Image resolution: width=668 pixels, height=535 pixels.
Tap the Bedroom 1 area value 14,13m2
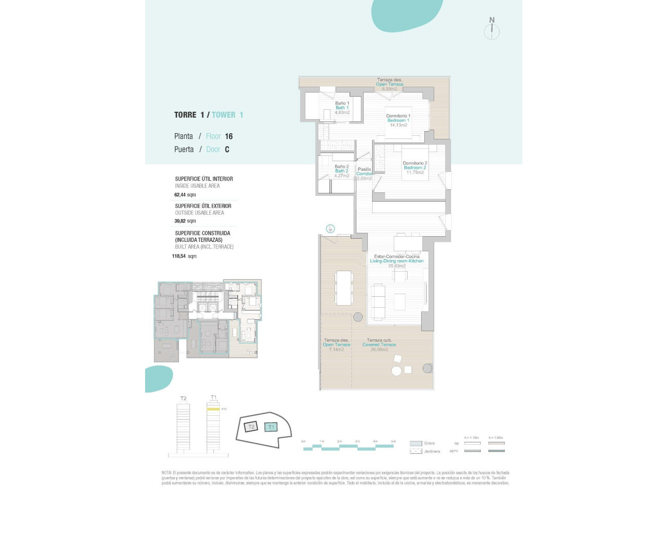[x=398, y=125]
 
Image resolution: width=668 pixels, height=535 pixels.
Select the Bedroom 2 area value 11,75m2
[x=415, y=172]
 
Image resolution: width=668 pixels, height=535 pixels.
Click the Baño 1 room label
[x=342, y=103]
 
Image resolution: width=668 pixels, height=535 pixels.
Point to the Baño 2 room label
[x=341, y=167]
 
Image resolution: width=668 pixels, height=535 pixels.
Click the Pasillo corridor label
[x=364, y=169]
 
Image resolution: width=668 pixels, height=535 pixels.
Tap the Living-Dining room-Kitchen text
[x=397, y=261]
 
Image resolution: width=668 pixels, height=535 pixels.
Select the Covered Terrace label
[x=379, y=345]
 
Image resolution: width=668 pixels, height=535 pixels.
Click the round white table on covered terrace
[x=397, y=371]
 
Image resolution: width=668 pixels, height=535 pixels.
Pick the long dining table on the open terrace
[x=344, y=288]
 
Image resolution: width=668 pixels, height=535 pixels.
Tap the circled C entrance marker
[x=330, y=228]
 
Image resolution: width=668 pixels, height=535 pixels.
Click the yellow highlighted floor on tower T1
[x=213, y=409]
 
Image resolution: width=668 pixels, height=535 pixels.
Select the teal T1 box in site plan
[x=270, y=427]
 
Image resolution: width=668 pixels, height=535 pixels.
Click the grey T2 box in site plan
[x=251, y=427]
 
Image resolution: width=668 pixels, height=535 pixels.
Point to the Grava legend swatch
[x=416, y=444]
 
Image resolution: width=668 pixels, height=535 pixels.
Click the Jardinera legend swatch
[x=416, y=451]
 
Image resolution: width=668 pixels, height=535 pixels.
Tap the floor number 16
[x=229, y=136]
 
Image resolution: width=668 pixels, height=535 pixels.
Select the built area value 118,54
[x=179, y=257]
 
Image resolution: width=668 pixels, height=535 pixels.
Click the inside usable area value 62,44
[x=180, y=195]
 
